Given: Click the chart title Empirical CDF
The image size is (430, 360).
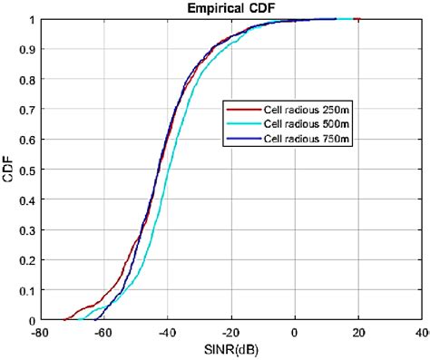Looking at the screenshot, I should [x=231, y=8].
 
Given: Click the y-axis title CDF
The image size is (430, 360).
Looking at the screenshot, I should [x=8, y=170].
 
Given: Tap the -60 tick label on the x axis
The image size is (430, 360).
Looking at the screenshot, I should [x=104, y=332].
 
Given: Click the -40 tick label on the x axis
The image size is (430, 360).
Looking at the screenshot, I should [x=168, y=332].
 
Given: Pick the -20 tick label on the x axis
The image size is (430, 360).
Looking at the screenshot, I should [x=230, y=332].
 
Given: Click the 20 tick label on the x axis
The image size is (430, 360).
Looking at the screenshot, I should [x=359, y=332].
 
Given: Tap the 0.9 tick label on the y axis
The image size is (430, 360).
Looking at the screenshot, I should [x=27, y=49].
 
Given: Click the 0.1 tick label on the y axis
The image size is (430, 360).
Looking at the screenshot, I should [x=27, y=290].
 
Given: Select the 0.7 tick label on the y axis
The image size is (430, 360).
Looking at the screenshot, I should [x=27, y=110].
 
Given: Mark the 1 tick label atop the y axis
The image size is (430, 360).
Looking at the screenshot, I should [x=33, y=19].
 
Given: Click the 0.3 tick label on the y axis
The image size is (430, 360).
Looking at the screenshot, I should [x=27, y=230].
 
